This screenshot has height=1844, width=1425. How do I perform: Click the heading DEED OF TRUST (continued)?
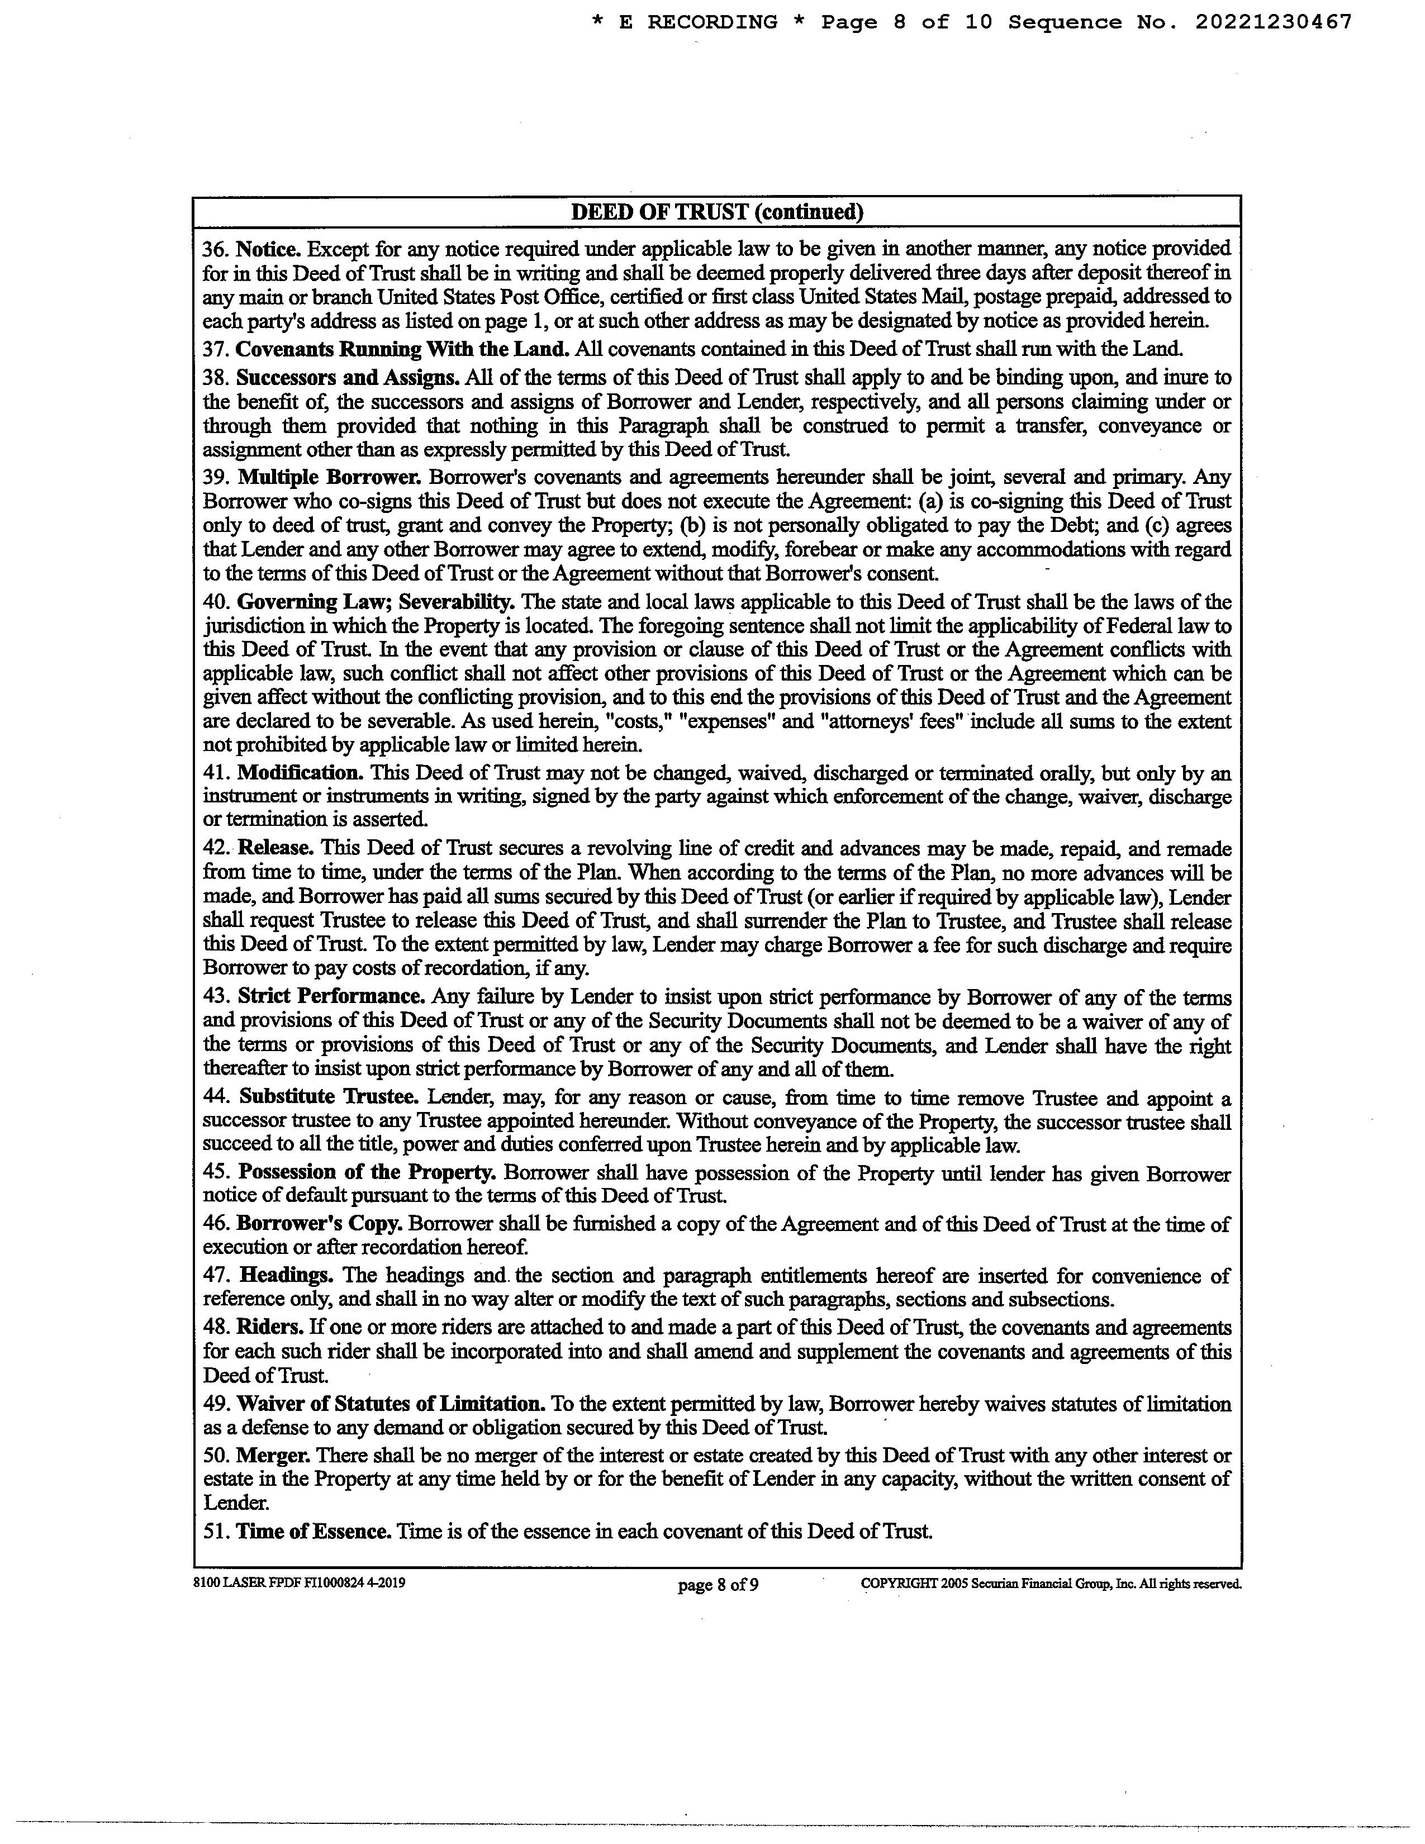pyautogui.click(x=717, y=212)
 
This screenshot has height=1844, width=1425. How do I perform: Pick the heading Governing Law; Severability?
pyautogui.click(x=376, y=602)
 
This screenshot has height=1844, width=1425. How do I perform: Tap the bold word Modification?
pyautogui.click(x=300, y=773)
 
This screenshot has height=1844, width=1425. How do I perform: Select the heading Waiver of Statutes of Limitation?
pyautogui.click(x=391, y=1403)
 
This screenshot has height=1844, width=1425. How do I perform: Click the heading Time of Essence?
pyautogui.click(x=314, y=1531)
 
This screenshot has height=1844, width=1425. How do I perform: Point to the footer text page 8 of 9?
pyautogui.click(x=718, y=1585)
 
